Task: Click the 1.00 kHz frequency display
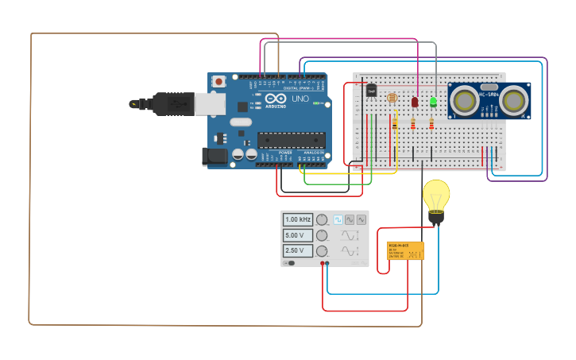pos(297,219)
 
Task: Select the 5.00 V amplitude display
pos(297,235)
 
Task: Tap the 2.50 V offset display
pos(297,250)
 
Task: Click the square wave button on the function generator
pos(338,219)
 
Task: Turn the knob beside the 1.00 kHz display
pos(322,219)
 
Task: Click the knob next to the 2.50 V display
pos(322,251)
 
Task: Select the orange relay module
pos(405,251)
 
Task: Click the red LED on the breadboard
pos(415,103)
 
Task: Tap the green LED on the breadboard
pos(433,102)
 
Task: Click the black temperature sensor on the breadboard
pos(371,91)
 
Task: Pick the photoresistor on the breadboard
pos(392,98)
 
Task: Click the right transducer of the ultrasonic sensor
pos(515,100)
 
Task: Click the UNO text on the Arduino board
pos(300,99)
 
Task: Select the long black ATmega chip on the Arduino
pos(291,141)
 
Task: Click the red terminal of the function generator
pos(322,262)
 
